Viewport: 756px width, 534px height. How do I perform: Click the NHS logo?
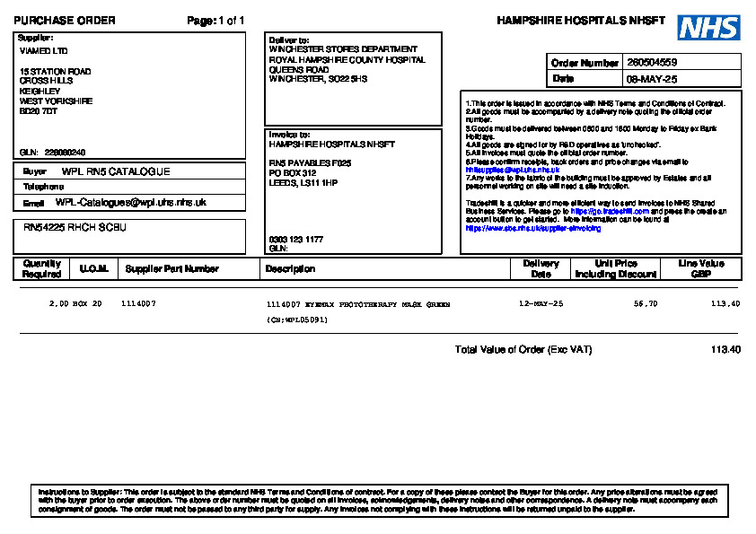pyautogui.click(x=708, y=28)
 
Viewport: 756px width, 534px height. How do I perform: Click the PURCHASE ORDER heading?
pyautogui.click(x=65, y=21)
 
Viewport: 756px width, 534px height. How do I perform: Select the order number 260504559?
pyautogui.click(x=652, y=63)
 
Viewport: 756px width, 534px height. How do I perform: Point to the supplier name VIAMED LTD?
pyautogui.click(x=43, y=51)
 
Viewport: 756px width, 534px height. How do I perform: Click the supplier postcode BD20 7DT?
pyautogui.click(x=39, y=111)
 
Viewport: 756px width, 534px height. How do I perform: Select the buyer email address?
pyautogui.click(x=131, y=203)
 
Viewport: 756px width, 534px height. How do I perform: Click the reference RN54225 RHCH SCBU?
pyautogui.click(x=75, y=228)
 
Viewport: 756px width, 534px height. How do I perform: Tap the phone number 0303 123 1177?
pyautogui.click(x=296, y=240)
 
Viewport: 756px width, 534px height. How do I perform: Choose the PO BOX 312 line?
pyautogui.click(x=293, y=172)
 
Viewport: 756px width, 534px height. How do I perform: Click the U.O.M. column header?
pyautogui.click(x=93, y=268)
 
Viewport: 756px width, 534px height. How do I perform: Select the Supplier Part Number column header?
pyautogui.click(x=171, y=268)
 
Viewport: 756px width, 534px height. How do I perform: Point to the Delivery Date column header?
pyautogui.click(x=541, y=268)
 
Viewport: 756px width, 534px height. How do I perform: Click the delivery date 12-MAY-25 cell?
pyautogui.click(x=541, y=304)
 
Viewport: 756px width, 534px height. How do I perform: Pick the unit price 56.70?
pyautogui.click(x=646, y=304)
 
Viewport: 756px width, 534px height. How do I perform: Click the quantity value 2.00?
pyautogui.click(x=58, y=304)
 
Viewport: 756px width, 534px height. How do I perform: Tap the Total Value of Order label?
pyautogui.click(x=523, y=349)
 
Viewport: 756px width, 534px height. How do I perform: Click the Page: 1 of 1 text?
pyautogui.click(x=215, y=21)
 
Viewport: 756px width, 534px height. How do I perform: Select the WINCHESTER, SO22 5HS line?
pyautogui.click(x=318, y=79)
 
